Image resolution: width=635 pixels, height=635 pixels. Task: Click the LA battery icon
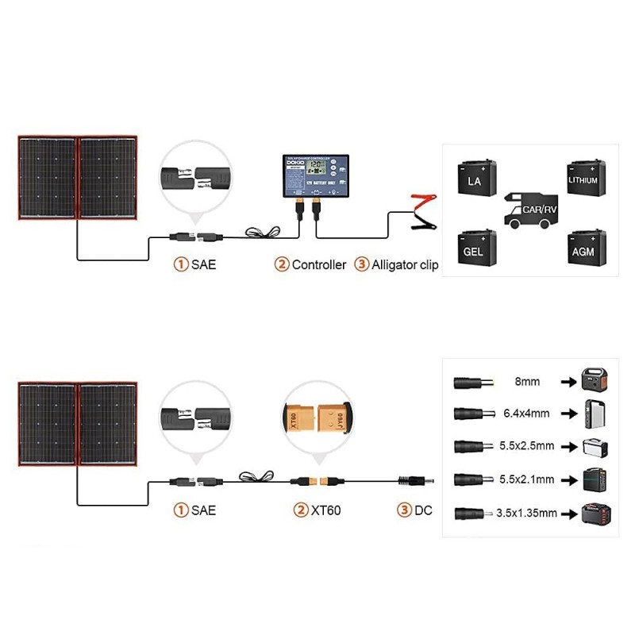[475, 179]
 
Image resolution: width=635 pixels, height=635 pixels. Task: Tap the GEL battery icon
[475, 249]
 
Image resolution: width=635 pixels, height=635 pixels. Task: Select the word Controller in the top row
[319, 265]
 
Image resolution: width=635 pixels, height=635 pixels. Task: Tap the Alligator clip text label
[405, 265]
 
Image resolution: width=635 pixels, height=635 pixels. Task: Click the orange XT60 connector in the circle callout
[314, 416]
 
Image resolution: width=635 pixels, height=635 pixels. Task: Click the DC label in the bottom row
[423, 510]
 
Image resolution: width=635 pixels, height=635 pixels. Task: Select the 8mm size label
[527, 382]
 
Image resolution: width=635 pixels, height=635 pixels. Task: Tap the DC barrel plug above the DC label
[415, 481]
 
